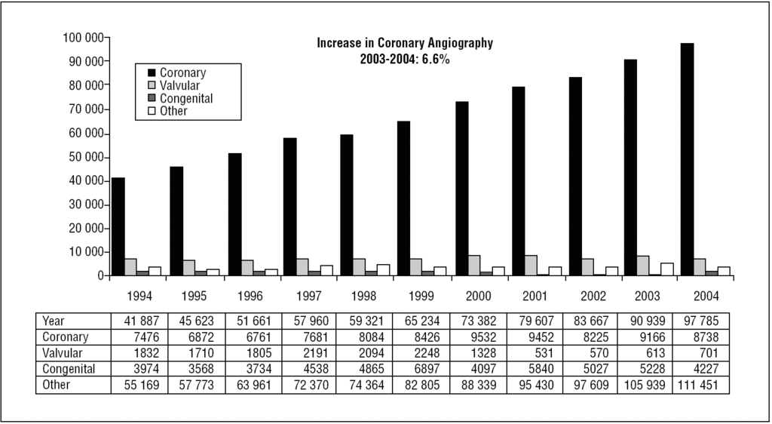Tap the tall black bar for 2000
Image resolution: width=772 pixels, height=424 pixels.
461,188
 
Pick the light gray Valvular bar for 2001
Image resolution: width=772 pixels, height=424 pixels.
531,266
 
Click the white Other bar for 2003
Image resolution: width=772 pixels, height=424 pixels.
666,269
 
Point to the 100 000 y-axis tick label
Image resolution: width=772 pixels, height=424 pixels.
82,37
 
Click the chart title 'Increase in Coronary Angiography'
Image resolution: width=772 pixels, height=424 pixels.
405,43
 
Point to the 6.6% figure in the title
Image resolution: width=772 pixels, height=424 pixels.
436,59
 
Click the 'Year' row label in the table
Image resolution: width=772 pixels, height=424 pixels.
54,320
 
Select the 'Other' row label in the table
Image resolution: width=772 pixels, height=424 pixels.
57,385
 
